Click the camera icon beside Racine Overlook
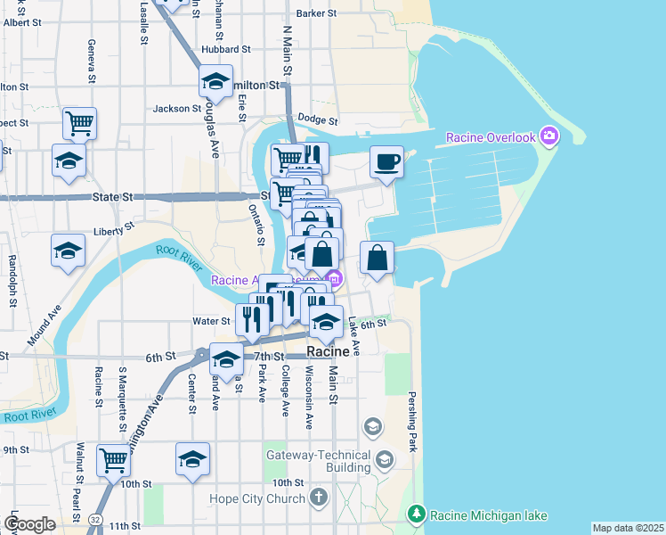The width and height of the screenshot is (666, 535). tap(549, 136)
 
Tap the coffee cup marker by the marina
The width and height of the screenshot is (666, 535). tap(386, 162)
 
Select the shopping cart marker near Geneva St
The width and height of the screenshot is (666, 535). tap(79, 123)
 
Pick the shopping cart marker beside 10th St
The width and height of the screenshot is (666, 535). tap(114, 460)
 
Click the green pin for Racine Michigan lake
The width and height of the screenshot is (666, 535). tap(416, 514)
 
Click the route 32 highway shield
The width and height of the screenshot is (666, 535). tap(95, 518)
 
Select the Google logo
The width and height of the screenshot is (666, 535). tap(29, 523)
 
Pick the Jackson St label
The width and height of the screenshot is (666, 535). tap(177, 109)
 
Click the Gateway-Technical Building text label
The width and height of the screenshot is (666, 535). tap(318, 461)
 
